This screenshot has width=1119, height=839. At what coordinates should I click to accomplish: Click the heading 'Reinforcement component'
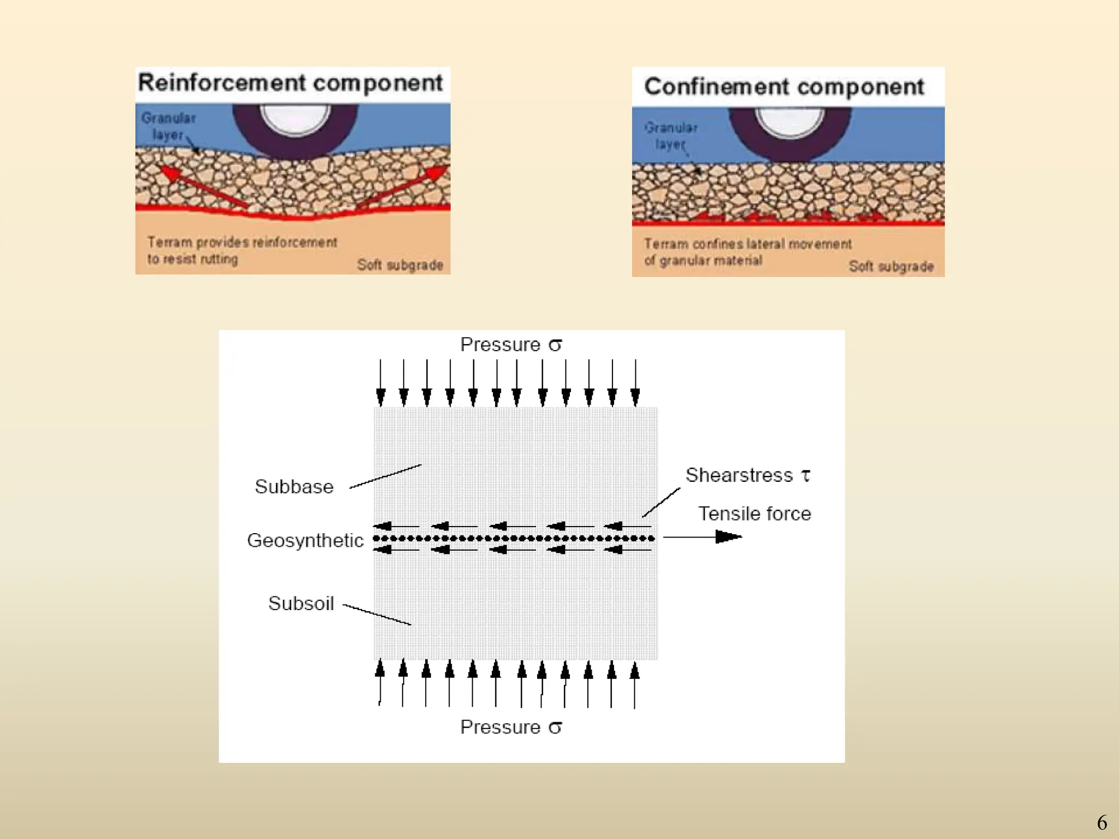coord(290,83)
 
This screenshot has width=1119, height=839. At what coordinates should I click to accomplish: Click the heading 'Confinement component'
coord(784,87)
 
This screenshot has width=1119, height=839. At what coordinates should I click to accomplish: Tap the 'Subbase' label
coord(294,487)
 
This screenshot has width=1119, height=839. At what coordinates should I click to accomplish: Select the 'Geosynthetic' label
coord(305,540)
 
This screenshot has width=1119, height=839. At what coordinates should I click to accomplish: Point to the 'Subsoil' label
coord(301,604)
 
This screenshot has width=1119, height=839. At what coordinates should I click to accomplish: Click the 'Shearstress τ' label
coord(747,475)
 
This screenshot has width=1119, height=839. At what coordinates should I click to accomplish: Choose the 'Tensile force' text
coord(755,513)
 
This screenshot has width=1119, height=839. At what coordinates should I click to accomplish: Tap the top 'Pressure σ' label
coord(510,345)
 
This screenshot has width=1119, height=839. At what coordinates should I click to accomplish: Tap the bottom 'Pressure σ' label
coord(510,727)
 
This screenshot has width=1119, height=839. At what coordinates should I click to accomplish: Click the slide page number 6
coord(1102,823)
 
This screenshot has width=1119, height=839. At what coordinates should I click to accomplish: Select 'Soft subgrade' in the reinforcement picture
coord(400,265)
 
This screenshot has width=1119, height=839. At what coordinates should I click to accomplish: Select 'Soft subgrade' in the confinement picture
coord(891,267)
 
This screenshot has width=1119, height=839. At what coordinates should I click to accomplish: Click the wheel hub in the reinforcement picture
coord(295,117)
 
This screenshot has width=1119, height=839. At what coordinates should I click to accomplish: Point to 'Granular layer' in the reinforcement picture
coord(168,126)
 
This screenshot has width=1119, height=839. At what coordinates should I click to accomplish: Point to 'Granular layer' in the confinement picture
coord(670,135)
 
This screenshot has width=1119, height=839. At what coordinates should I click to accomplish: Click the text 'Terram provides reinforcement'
coord(242,242)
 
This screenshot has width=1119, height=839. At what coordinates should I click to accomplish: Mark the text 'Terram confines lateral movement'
coord(747,244)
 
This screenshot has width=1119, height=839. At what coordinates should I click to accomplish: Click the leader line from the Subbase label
coord(385,476)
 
